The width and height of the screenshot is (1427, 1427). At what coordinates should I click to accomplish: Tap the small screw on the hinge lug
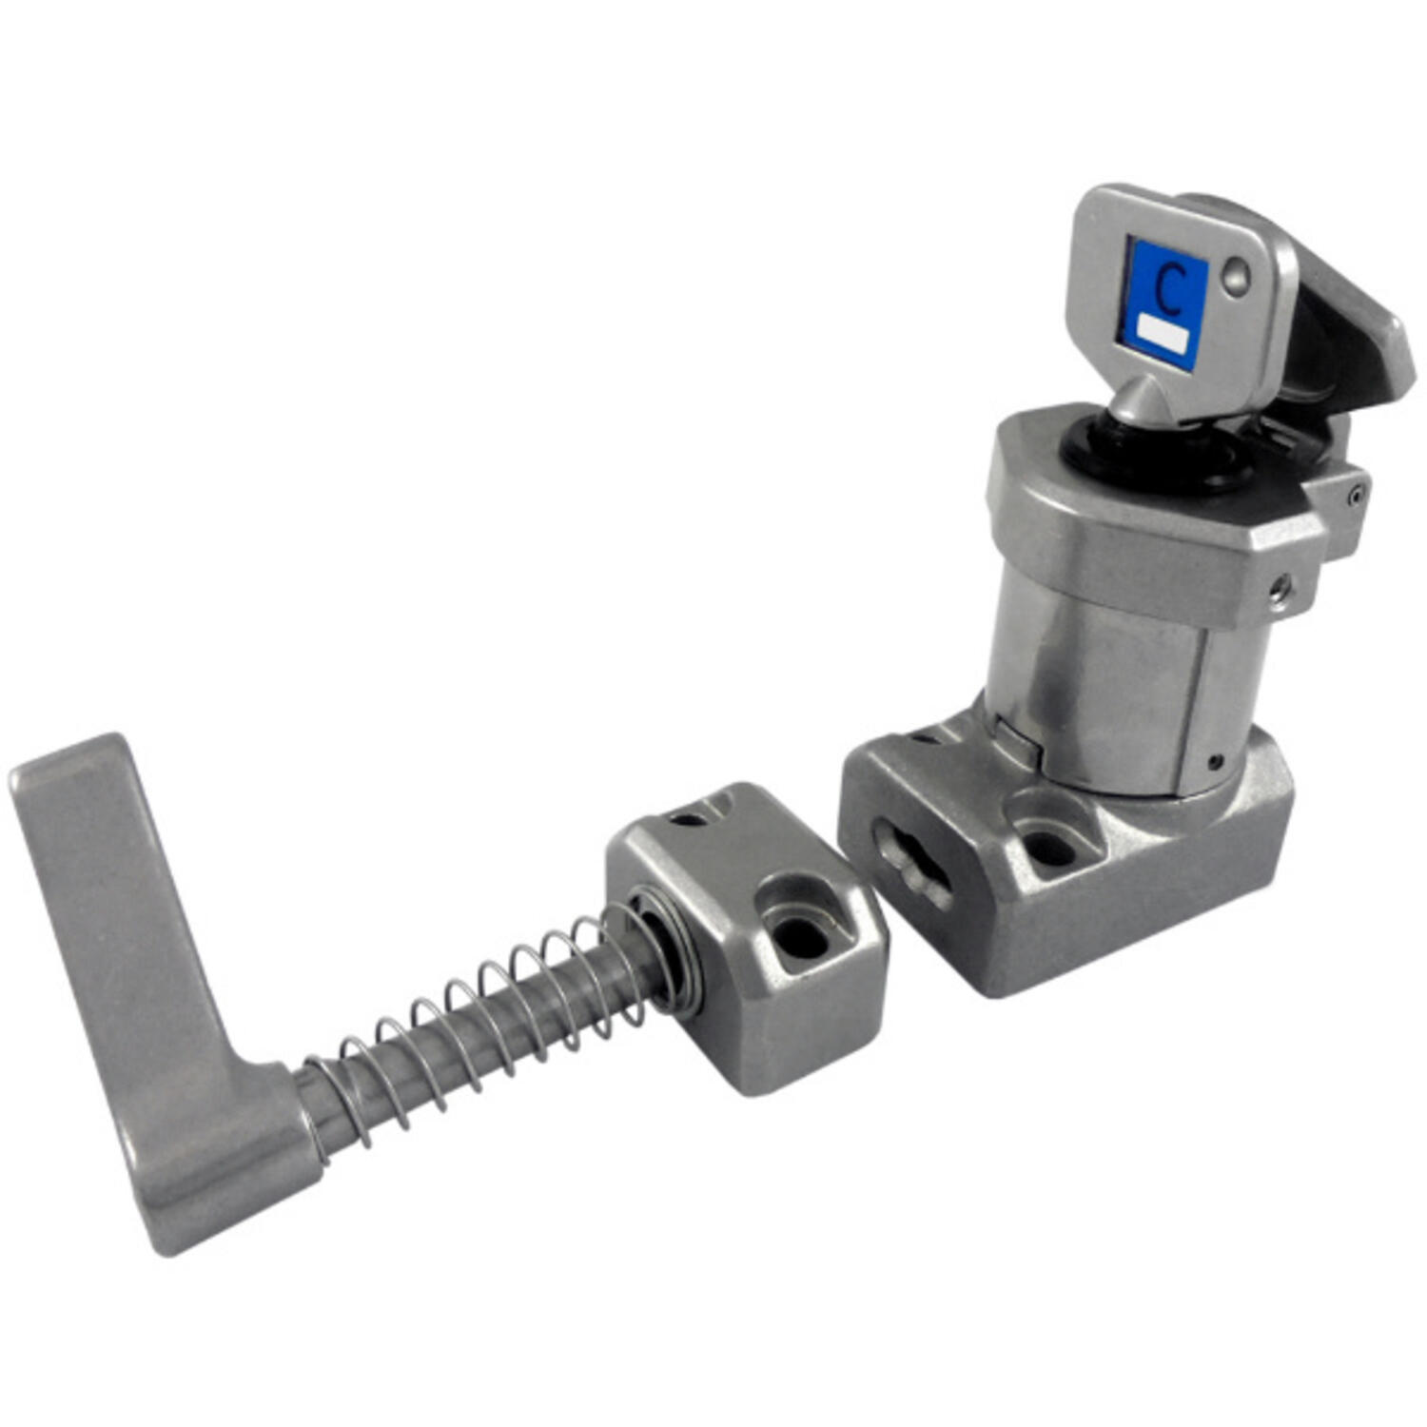point(1356,494)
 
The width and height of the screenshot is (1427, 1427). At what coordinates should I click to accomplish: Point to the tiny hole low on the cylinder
point(1217,760)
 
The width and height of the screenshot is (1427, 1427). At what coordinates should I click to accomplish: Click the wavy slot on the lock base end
point(911,864)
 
